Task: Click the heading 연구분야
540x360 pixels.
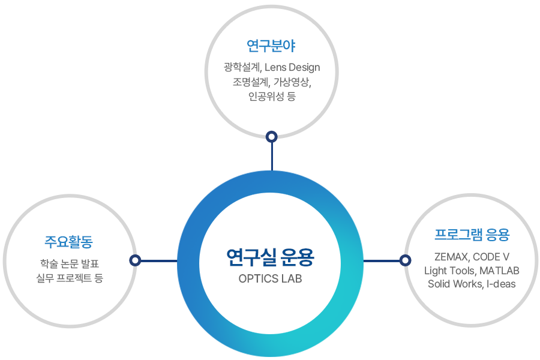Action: point(271,46)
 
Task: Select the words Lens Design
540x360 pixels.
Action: point(292,67)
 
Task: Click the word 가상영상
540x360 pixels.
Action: point(292,82)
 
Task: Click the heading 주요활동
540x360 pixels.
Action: point(68,242)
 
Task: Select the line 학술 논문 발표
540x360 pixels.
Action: point(70,264)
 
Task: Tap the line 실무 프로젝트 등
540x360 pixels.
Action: point(70,278)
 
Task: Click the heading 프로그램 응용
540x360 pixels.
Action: point(472,235)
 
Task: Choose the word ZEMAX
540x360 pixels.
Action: point(451,257)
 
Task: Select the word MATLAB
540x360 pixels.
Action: point(499,271)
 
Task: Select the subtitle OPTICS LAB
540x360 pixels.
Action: point(270,279)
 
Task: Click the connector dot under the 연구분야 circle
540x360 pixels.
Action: point(272,137)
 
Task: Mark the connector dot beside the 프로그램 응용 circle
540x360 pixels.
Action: point(406,260)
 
